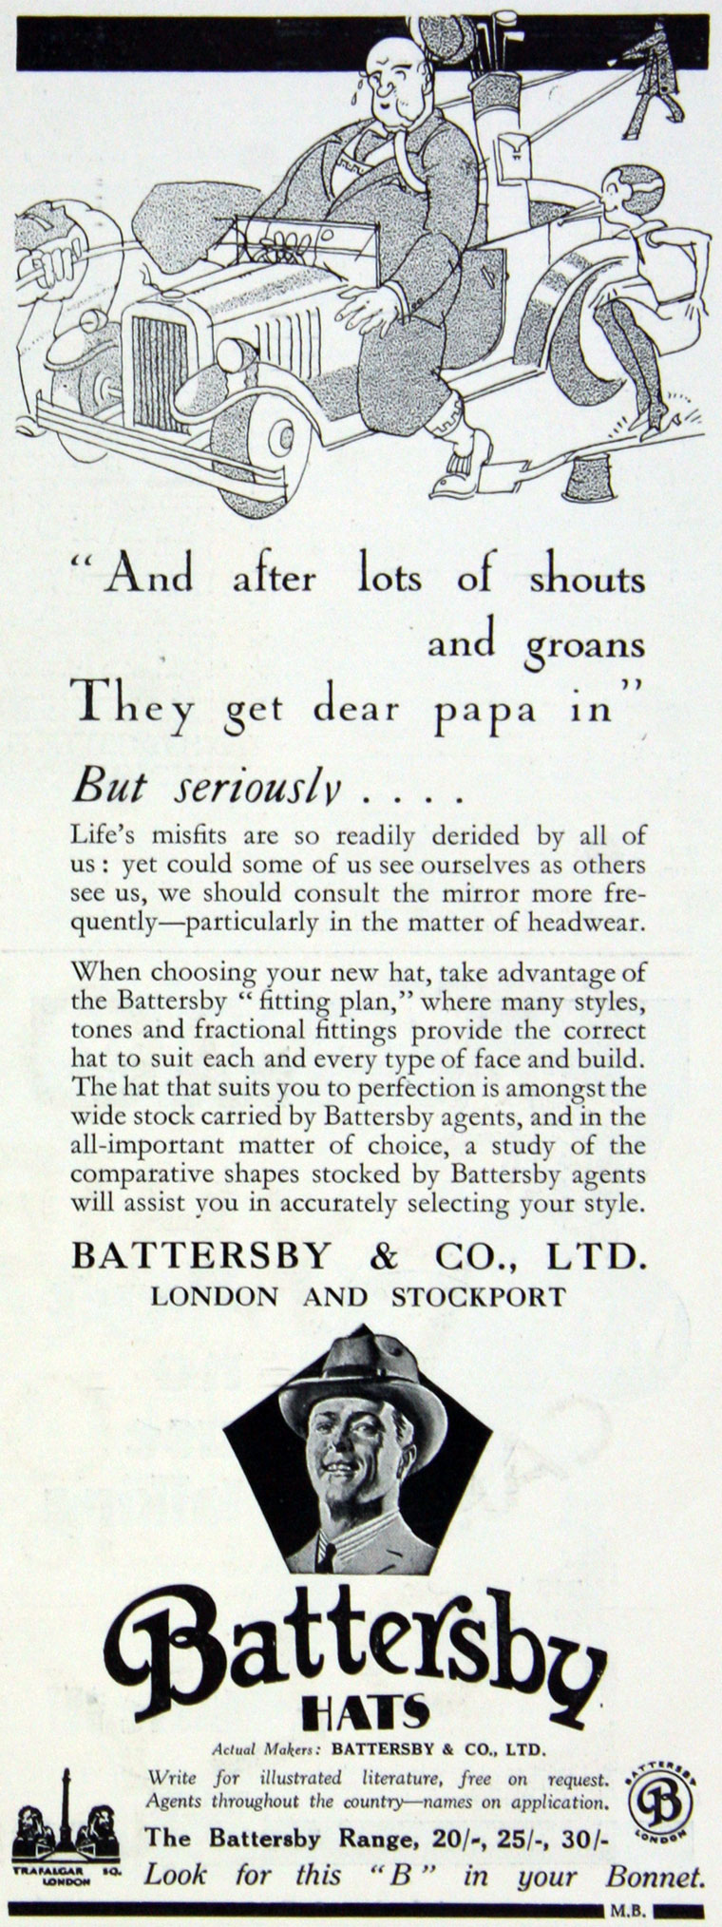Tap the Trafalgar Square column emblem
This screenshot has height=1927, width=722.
[x=66, y=1809]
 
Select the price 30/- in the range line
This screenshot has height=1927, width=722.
[x=583, y=1839]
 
